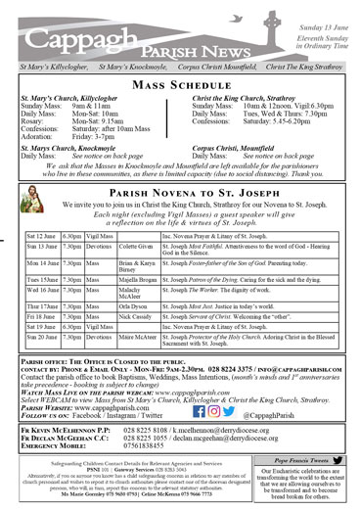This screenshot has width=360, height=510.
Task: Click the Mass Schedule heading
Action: pyautogui.click(x=179, y=86)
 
